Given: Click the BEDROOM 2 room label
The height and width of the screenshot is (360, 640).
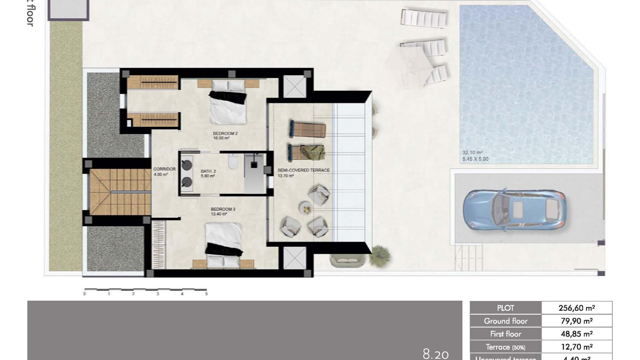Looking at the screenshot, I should (225, 134).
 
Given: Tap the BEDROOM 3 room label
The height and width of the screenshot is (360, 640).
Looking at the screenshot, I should (223, 209).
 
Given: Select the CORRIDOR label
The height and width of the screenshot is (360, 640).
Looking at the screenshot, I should (164, 169).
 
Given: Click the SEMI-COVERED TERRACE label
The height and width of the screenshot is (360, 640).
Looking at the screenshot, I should (303, 170).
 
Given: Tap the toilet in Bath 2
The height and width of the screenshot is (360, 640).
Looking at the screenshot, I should (233, 162).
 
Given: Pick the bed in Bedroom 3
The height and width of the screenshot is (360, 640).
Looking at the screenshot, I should (223, 243).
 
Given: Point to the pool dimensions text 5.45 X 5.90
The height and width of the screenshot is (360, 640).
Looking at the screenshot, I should (475, 159).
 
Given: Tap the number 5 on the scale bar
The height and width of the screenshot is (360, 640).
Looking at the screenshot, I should (206, 294).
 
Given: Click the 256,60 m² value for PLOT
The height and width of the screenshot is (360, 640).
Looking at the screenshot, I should (576, 308).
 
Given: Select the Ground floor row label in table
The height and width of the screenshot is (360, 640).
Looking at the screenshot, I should (505, 321).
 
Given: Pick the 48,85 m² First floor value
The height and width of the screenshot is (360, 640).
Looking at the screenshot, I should (576, 334).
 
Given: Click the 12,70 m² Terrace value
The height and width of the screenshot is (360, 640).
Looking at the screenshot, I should (576, 347).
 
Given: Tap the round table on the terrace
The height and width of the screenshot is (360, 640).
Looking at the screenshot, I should (305, 208).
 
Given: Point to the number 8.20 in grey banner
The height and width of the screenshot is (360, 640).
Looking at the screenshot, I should (435, 354).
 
